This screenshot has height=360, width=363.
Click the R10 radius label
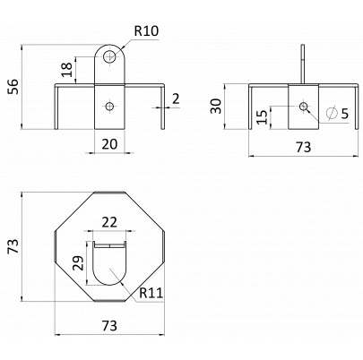[146, 31]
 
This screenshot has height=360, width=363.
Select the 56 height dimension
[13, 87]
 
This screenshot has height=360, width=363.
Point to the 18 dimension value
[68, 70]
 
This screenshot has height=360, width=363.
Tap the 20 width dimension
[109, 144]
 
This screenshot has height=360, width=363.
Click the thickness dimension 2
[176, 99]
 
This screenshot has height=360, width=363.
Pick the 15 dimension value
[262, 117]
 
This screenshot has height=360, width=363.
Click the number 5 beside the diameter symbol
[345, 114]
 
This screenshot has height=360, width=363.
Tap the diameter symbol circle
[332, 113]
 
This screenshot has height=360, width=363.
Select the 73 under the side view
[303, 147]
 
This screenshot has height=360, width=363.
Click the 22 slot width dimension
[109, 222]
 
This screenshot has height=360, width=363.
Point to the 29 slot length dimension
[79, 262]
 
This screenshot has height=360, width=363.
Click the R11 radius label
[151, 293]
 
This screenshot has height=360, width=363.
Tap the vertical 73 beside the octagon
[13, 246]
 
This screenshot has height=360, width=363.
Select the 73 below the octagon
[109, 325]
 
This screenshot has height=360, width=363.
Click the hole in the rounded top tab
[109, 56]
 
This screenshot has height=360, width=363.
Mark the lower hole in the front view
[109, 106]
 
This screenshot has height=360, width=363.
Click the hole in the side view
[304, 106]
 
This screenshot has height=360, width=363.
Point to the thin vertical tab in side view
[303, 64]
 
